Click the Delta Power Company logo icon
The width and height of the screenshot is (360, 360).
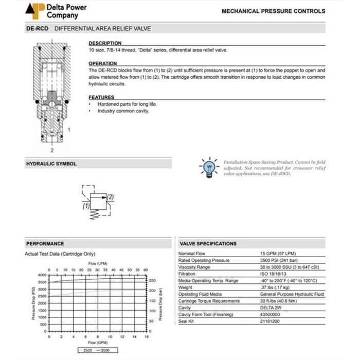coord(35,11)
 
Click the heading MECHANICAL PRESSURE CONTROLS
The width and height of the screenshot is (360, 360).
coord(273,11)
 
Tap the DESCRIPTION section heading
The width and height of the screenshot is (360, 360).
coord(105,43)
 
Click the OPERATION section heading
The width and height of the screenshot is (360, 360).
coord(103,64)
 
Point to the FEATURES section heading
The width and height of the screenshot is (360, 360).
coord(101,97)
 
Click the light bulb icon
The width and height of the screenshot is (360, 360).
coord(209,168)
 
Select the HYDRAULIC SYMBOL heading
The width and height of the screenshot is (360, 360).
coord(51,164)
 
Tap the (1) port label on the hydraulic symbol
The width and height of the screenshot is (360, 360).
coord(86,206)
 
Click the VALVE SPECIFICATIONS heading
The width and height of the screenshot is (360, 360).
coord(208,244)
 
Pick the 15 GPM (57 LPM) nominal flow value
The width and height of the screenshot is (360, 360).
coord(278,254)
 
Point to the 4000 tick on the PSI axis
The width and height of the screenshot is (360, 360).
coord(42,275)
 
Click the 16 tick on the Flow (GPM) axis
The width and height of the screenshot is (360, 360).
coord(147,337)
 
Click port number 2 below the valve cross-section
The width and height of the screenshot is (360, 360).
coord(51,151)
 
